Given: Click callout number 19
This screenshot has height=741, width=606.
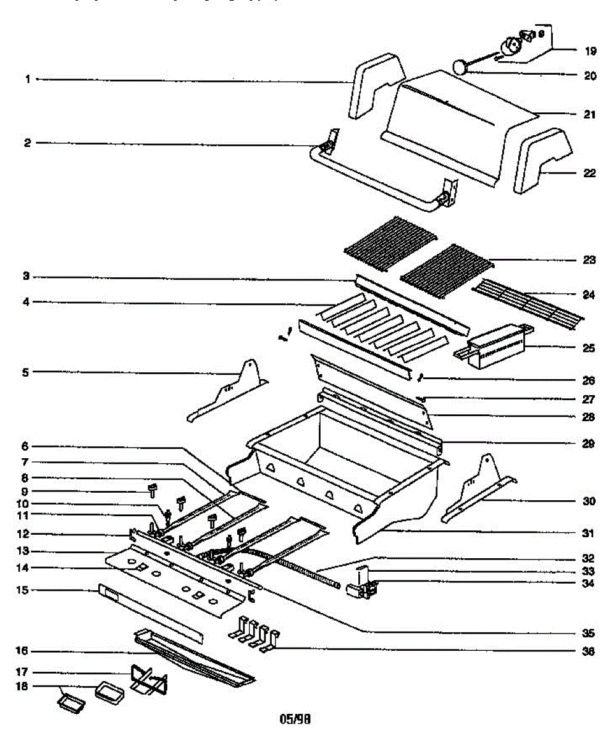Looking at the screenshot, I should pyautogui.click(x=590, y=51).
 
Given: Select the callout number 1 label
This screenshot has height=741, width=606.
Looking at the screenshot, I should pyautogui.click(x=28, y=79).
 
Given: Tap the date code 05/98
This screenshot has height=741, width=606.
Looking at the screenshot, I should pyautogui.click(x=295, y=719).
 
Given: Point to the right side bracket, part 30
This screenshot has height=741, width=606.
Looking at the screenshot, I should pyautogui.click(x=479, y=488).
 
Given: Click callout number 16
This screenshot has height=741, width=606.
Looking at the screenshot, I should pyautogui.click(x=22, y=651).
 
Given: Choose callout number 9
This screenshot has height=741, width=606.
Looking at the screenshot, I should pyautogui.click(x=25, y=492).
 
